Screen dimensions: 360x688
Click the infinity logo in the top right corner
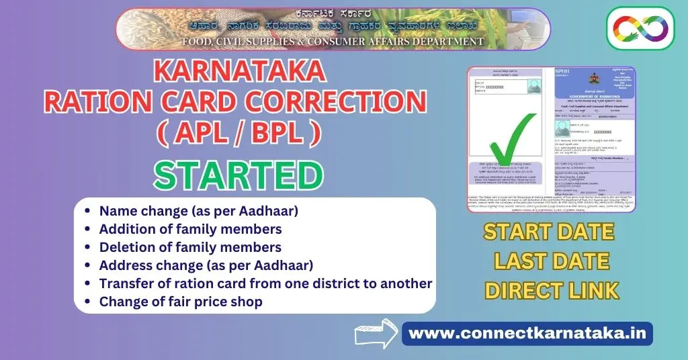pos(640,28)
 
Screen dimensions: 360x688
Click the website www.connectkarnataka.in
pos(527,333)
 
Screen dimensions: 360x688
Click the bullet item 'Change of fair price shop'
pos(181,302)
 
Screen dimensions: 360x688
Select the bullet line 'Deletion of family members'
pos(190,247)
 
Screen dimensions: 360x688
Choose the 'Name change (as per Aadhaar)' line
pos(198,211)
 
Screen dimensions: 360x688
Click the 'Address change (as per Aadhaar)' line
pos(206,265)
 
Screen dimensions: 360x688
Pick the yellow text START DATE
pos(549,232)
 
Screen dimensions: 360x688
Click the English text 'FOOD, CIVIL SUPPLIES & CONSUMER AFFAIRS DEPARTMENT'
pos(333,42)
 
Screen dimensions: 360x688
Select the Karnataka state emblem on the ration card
pos(594,79)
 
